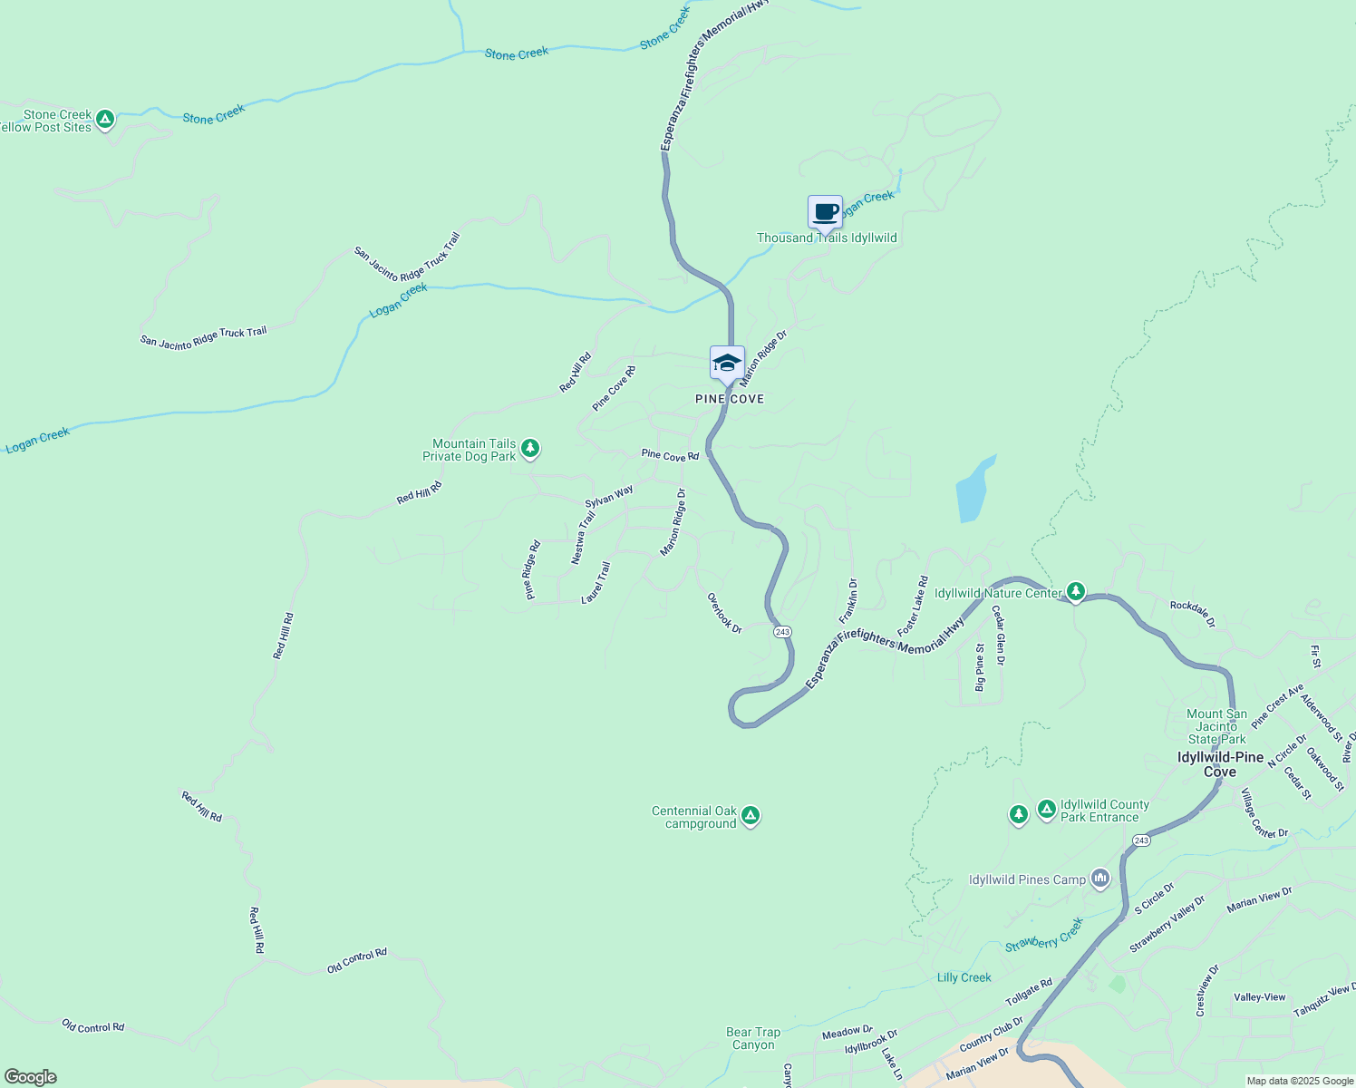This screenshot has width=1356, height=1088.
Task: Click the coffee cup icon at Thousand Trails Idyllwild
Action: click(825, 213)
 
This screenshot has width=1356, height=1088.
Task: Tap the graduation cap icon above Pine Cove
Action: click(727, 364)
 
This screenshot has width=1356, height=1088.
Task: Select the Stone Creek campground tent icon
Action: click(105, 119)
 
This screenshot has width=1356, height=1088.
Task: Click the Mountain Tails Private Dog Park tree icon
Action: click(530, 448)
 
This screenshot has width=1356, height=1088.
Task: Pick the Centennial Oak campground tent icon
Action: click(750, 816)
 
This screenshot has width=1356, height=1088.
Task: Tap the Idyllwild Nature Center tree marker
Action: click(1076, 592)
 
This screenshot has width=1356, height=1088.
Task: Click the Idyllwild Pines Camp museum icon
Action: click(1100, 878)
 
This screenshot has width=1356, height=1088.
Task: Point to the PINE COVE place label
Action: click(730, 399)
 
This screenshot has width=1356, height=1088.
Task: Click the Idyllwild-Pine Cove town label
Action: click(1220, 764)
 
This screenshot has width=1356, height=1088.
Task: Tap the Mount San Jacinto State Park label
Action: click(1216, 726)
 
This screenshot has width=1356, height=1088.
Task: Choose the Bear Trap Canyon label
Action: click(753, 1038)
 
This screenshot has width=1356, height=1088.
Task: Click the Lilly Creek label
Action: click(964, 977)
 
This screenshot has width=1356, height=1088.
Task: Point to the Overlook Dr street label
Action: click(724, 613)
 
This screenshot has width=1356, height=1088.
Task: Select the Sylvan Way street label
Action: click(609, 496)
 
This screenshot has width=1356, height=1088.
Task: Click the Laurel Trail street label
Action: click(596, 583)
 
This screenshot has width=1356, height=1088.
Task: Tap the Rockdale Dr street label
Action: click(1192, 614)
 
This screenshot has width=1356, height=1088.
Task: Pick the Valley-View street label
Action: click(1259, 997)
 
